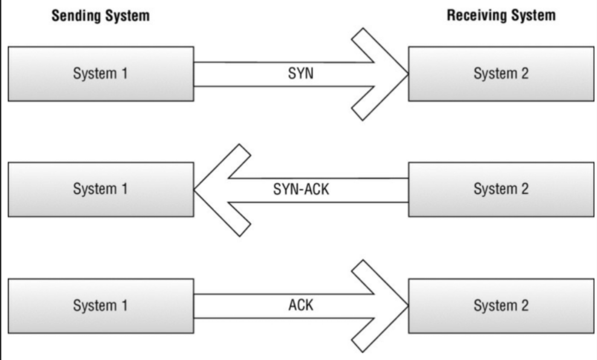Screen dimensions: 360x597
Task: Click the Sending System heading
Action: (x=100, y=16)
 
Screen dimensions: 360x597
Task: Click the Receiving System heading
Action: (x=501, y=16)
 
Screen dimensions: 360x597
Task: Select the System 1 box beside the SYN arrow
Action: (x=100, y=74)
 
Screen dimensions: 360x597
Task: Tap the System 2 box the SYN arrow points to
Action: (x=501, y=74)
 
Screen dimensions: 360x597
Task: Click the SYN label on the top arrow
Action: (x=300, y=74)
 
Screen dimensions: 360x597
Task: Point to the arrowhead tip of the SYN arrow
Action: (x=408, y=74)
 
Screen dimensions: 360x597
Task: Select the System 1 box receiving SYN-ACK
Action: (x=100, y=189)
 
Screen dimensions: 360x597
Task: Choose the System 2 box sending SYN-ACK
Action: (x=501, y=189)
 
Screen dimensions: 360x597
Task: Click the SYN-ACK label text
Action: (x=301, y=190)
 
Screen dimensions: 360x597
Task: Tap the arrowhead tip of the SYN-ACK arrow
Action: (x=195, y=190)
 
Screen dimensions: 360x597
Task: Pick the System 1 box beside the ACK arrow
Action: (x=100, y=305)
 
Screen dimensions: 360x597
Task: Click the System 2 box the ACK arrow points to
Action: (x=501, y=305)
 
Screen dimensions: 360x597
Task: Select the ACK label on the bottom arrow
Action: (x=300, y=305)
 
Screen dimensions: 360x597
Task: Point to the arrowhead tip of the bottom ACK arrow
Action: (x=408, y=306)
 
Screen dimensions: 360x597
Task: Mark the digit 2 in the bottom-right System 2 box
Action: (x=524, y=305)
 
